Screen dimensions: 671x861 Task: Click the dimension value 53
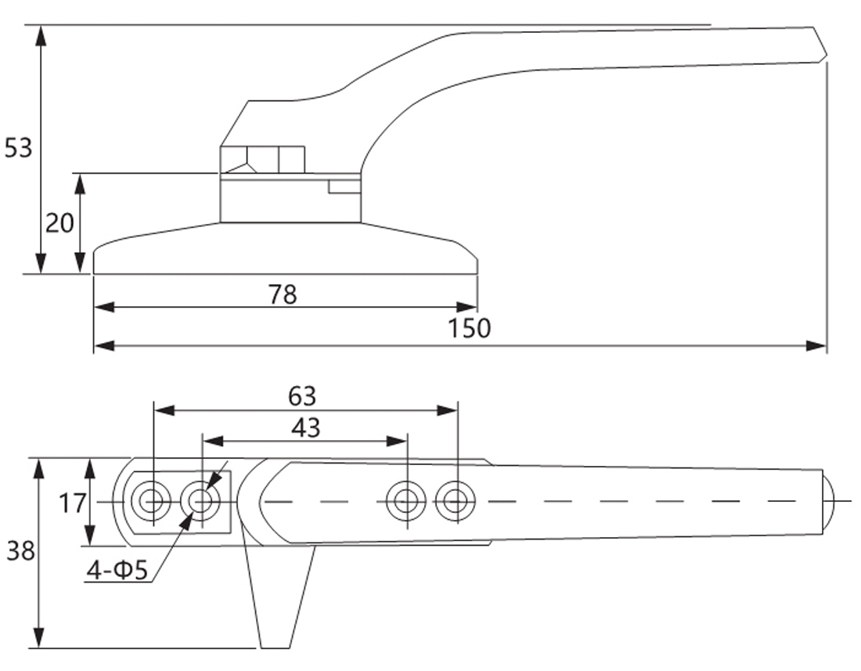[19, 147]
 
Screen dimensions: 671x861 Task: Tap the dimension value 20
[59, 224]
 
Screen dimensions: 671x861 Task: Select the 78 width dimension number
[283, 294]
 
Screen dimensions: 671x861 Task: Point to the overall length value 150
[470, 328]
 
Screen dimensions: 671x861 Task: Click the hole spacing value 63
[302, 396]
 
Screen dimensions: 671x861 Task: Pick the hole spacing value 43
[305, 427]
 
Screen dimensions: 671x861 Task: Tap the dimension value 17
[72, 502]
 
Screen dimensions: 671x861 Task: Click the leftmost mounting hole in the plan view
[151, 500]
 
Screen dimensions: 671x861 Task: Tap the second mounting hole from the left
[201, 500]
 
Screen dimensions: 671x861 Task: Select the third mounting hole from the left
[407, 500]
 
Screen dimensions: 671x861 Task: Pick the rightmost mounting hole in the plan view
[456, 500]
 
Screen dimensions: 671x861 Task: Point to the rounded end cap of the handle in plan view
[829, 501]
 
